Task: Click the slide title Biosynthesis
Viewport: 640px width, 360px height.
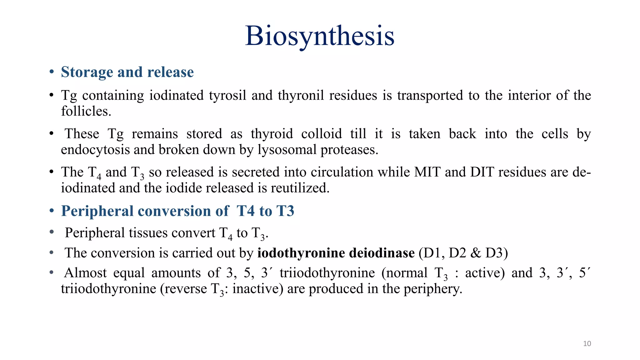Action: coord(320,36)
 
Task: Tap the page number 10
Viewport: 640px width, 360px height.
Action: coord(587,344)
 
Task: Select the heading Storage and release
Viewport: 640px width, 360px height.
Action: coord(127,72)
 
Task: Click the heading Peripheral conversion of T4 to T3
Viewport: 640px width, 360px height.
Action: coord(177,211)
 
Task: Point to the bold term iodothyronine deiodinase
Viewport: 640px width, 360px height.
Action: coord(336,253)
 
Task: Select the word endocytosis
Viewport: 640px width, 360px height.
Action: coord(95,150)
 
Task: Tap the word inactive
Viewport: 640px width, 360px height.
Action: coord(257,289)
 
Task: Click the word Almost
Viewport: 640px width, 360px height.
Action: coord(85,273)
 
